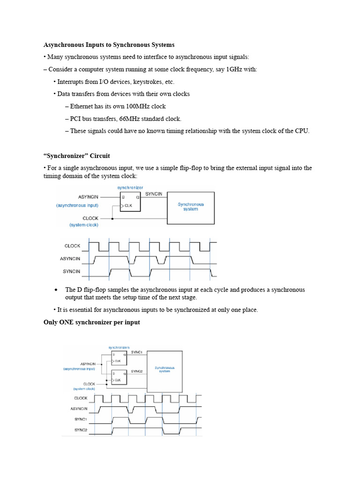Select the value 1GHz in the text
coord(237,69)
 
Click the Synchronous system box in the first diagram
coord(191,207)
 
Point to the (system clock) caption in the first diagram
coord(84,225)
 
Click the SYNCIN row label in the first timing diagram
coord(72,271)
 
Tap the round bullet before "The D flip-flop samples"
coord(56,290)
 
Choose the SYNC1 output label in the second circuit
coord(136,352)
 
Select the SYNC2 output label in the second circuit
coord(136,371)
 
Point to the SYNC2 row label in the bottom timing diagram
coord(81,430)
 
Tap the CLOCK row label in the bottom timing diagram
coord(81,398)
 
